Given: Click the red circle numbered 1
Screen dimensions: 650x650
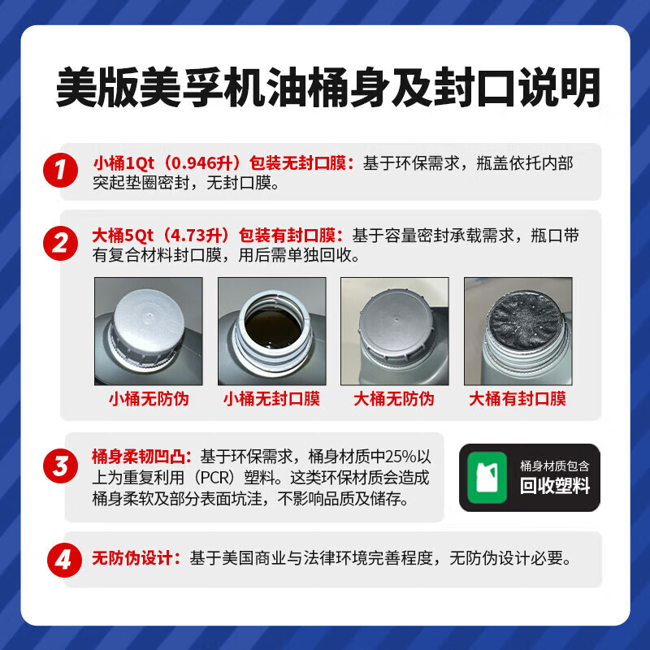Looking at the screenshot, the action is pos(60,170).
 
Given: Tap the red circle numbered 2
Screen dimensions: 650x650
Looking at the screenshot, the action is pos(60,243).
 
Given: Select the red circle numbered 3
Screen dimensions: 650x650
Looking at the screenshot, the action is pos(60,466).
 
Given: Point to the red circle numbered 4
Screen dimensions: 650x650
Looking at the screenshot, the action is pos(64,560).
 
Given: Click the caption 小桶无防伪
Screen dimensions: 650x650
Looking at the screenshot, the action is pos(149,399).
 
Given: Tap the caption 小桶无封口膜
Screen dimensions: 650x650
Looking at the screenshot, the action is pos(271,399).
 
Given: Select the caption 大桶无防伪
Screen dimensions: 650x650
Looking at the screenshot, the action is pos(394,399).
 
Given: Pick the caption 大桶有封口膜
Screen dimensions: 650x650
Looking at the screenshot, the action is pos(518,399).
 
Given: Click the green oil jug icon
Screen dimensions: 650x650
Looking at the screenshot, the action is pos(487,478).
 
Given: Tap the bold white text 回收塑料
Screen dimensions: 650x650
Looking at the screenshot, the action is pos(555,485).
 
